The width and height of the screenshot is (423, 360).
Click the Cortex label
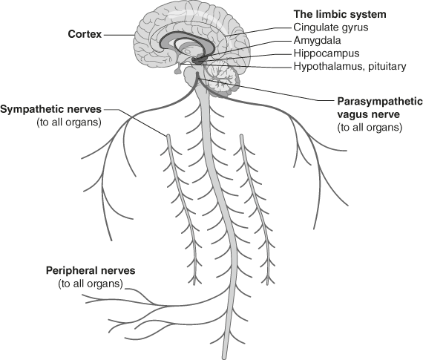[x=85, y=34]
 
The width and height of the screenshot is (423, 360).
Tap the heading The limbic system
[x=340, y=14]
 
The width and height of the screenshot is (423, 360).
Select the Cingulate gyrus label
[x=331, y=27]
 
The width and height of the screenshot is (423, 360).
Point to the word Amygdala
[x=318, y=41]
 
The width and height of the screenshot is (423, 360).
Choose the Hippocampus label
[x=327, y=53]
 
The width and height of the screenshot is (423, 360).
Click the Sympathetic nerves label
[x=51, y=109]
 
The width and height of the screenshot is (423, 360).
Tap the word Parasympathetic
[x=380, y=102]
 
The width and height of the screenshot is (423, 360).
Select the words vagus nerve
[x=369, y=114]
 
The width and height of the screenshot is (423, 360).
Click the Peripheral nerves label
[x=91, y=270]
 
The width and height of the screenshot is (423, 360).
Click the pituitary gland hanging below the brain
[x=178, y=70]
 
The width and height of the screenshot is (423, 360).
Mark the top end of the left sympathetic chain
[x=168, y=136]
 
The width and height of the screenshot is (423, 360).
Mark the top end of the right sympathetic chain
[x=241, y=137]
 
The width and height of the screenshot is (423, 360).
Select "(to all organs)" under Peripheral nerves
[x=91, y=284]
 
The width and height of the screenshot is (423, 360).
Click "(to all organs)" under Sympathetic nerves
[x=69, y=122]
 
